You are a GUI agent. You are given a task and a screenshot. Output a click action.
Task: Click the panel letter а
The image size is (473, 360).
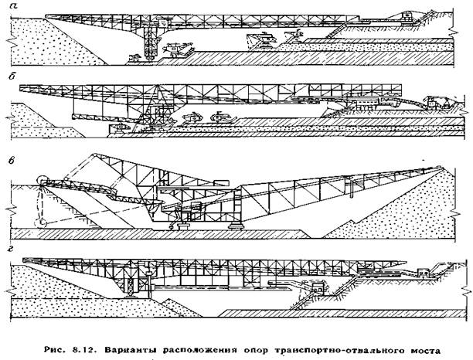pyautogui.click(x=12, y=5)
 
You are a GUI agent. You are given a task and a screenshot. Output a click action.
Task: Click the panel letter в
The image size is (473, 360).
pyautogui.click(x=12, y=161)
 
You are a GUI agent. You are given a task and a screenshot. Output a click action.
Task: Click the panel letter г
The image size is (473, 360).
pyautogui.click(x=12, y=250)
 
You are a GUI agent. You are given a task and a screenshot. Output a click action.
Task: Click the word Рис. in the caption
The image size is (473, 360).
pyautogui.click(x=54, y=351)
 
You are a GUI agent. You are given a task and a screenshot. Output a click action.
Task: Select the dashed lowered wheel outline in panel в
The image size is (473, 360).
pyautogui.click(x=40, y=222)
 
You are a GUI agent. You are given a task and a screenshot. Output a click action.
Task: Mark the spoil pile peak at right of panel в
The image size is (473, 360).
pyautogui.click(x=441, y=168)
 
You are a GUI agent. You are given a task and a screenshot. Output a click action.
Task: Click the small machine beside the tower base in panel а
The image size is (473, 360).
pyautogui.click(x=134, y=58)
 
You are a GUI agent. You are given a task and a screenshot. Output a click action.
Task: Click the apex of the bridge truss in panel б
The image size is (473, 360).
pyautogui.click(x=157, y=86)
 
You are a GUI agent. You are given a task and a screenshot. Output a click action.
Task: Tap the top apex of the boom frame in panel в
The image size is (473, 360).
pyautogui.click(x=94, y=155)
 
